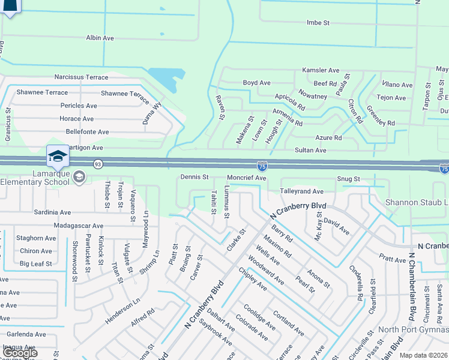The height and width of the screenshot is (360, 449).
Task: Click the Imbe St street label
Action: (x=318, y=23)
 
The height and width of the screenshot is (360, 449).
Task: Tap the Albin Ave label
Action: (x=100, y=38)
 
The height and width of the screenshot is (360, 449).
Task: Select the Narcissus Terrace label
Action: (x=81, y=77)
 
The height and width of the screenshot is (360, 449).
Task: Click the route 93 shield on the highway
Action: (x=97, y=163)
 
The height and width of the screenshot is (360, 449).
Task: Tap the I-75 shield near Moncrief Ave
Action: (x=262, y=165)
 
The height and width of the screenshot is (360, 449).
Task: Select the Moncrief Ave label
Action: (x=246, y=178)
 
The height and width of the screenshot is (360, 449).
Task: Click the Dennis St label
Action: (x=194, y=178)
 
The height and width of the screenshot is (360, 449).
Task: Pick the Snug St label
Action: (x=348, y=179)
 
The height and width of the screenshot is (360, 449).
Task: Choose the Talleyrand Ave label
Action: (x=302, y=191)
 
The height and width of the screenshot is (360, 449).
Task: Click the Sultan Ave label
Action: (x=310, y=150)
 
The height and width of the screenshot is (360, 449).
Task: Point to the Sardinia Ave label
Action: (x=52, y=212)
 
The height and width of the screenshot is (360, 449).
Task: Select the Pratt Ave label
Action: (x=393, y=260)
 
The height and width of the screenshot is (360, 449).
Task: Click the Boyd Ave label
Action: (x=256, y=83)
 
